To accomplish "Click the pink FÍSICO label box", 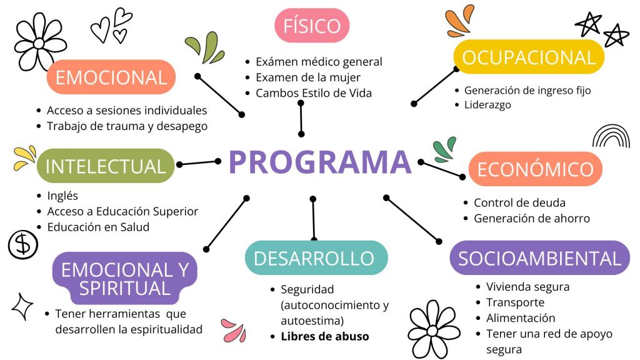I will click(312, 26).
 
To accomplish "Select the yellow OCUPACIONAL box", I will click(529, 57).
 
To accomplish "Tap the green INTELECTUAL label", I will click(106, 166).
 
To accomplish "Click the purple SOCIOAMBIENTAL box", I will click(540, 257).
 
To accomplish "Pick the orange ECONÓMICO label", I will click(535, 169).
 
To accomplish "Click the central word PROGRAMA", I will click(319, 162).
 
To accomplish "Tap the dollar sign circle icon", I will click(23, 244).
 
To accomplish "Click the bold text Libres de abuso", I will click(325, 336).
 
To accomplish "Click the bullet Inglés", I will click(62, 195).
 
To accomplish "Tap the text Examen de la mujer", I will click(308, 77).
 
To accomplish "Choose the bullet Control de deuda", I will click(519, 202).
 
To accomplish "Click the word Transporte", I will click(516, 302).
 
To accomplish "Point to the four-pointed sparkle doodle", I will click(22, 306).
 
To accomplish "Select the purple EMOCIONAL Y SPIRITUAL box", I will click(125, 279).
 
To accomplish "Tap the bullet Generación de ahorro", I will click(532, 218).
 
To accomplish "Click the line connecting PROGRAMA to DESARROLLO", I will click(312, 218).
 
